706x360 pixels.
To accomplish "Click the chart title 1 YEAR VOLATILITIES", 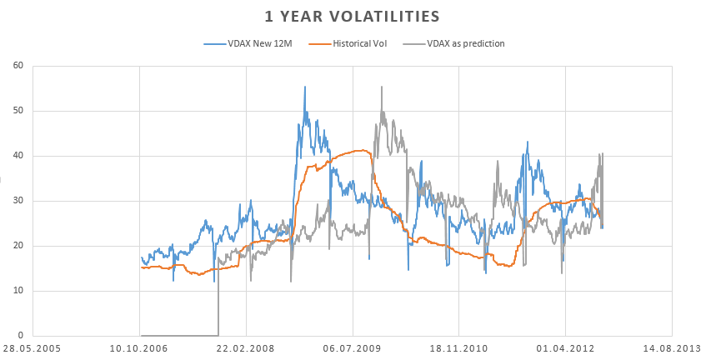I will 353,16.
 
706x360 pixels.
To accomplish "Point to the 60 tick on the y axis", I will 18,66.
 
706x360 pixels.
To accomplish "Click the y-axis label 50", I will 18,111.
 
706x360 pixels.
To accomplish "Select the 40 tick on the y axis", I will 18,156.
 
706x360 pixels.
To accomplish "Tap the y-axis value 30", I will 18,201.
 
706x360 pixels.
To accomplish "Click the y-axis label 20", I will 18,246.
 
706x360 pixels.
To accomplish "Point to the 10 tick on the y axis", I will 18,291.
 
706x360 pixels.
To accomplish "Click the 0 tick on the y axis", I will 21,336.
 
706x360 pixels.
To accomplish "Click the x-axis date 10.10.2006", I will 139,349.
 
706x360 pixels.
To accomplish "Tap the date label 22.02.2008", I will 246,349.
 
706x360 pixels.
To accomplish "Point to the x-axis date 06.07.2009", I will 353,349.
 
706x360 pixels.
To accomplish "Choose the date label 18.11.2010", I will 458,349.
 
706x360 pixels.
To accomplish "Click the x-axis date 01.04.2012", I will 565,349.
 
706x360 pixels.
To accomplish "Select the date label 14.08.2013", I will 671,349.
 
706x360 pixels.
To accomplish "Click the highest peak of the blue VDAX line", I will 304,87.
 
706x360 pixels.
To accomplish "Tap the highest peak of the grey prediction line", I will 382,87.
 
